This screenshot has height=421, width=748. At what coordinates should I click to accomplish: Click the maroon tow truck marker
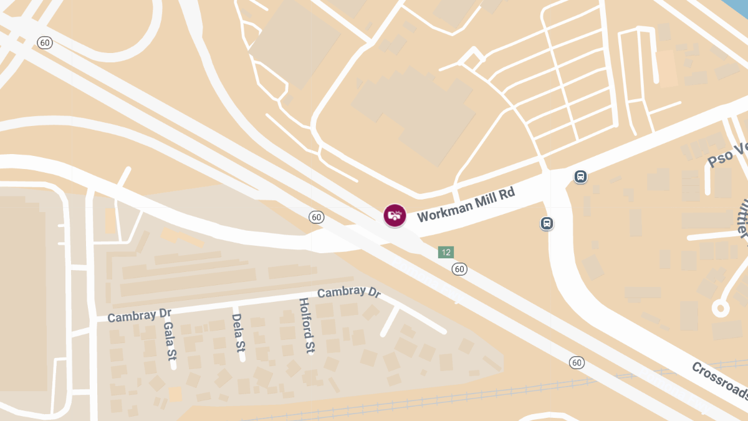pyautogui.click(x=395, y=216)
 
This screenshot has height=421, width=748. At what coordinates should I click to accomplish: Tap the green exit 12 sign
pyautogui.click(x=445, y=252)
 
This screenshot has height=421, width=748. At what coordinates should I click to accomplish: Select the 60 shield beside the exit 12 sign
pyautogui.click(x=459, y=269)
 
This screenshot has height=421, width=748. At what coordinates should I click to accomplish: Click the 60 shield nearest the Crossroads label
pyautogui.click(x=577, y=362)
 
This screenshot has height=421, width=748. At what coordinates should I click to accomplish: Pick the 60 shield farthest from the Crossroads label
pyautogui.click(x=44, y=42)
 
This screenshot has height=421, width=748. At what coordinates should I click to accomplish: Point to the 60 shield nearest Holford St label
pyautogui.click(x=317, y=217)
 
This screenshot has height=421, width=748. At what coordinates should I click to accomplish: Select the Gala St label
pyautogui.click(x=168, y=341)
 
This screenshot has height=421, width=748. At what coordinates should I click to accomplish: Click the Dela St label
pyautogui.click(x=237, y=332)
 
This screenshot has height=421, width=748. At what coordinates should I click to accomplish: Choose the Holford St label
pyautogui.click(x=305, y=326)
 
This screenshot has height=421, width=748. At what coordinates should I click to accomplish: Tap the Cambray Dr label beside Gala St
pyautogui.click(x=139, y=314)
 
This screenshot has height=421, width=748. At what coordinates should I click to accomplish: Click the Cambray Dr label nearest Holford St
pyautogui.click(x=348, y=293)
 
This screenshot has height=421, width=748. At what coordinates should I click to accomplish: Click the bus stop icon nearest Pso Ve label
pyautogui.click(x=580, y=177)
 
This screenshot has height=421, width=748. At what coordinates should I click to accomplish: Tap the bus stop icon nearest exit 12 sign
pyautogui.click(x=547, y=223)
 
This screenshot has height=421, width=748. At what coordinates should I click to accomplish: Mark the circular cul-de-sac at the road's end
pyautogui.click(x=721, y=307)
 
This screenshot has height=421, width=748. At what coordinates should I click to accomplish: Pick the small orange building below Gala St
pyautogui.click(x=175, y=394)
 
